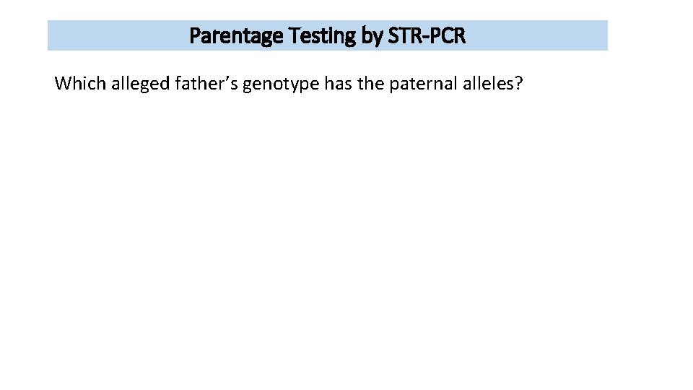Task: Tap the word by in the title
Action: [372, 36]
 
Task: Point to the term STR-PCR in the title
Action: [426, 36]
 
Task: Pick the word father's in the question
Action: [206, 84]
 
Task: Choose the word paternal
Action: [422, 84]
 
